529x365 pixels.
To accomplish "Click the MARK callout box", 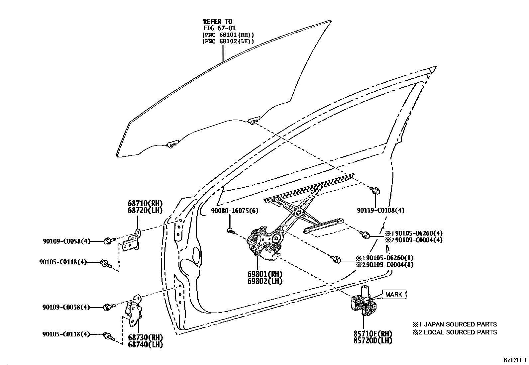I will (x=394, y=294).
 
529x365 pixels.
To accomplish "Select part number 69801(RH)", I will (x=265, y=274).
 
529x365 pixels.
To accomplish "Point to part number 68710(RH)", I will (x=145, y=203).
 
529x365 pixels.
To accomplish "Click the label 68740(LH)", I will (x=146, y=344).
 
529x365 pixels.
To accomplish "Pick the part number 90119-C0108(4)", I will (x=381, y=210).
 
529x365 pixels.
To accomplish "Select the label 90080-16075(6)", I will (x=235, y=211).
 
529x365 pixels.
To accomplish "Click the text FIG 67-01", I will (x=219, y=28).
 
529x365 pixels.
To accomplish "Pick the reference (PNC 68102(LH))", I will (x=228, y=41).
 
